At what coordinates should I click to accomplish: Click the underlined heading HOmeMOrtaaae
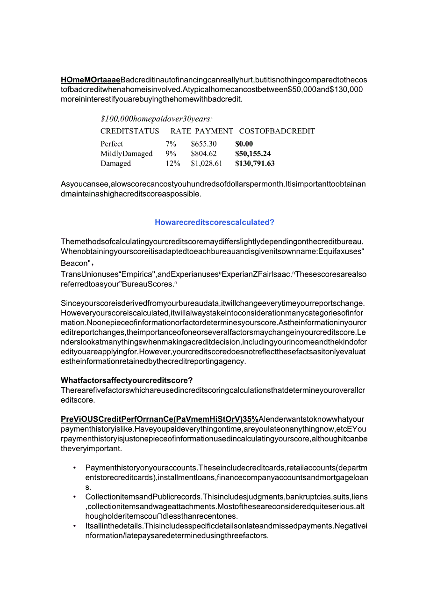90,79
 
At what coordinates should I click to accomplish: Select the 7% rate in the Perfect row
171,144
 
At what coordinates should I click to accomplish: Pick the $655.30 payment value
203,144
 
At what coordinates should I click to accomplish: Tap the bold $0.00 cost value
244,144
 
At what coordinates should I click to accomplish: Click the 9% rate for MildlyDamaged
171,154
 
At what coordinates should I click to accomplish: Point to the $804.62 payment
203,154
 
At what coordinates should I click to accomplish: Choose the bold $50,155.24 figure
253,154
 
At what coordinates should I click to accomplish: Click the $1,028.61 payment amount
207,163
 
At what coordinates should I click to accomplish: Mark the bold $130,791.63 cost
255,163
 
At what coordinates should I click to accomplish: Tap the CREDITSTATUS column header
129,131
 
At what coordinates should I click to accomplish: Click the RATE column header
180,131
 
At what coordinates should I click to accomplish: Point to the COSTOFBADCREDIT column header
277,131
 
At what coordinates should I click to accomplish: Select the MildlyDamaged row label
126,154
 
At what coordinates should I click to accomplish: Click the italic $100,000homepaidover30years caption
156,119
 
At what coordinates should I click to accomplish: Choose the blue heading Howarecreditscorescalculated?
215,222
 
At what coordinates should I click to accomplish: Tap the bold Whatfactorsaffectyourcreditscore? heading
127,380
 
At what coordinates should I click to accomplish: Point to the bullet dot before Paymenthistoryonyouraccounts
75,468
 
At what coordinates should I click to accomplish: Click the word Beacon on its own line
74,264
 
